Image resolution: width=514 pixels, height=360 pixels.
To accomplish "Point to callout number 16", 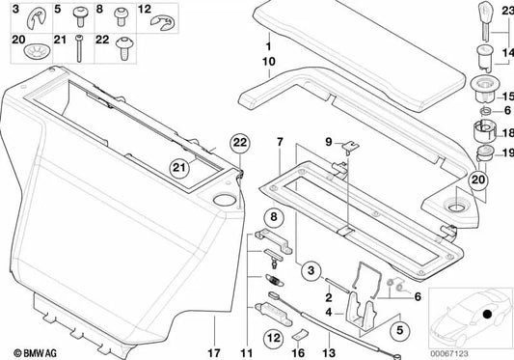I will tap(299, 339).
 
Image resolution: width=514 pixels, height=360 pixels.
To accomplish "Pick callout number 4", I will tap(328, 312).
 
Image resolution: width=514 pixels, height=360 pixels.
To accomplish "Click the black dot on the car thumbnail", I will tap(487, 314).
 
